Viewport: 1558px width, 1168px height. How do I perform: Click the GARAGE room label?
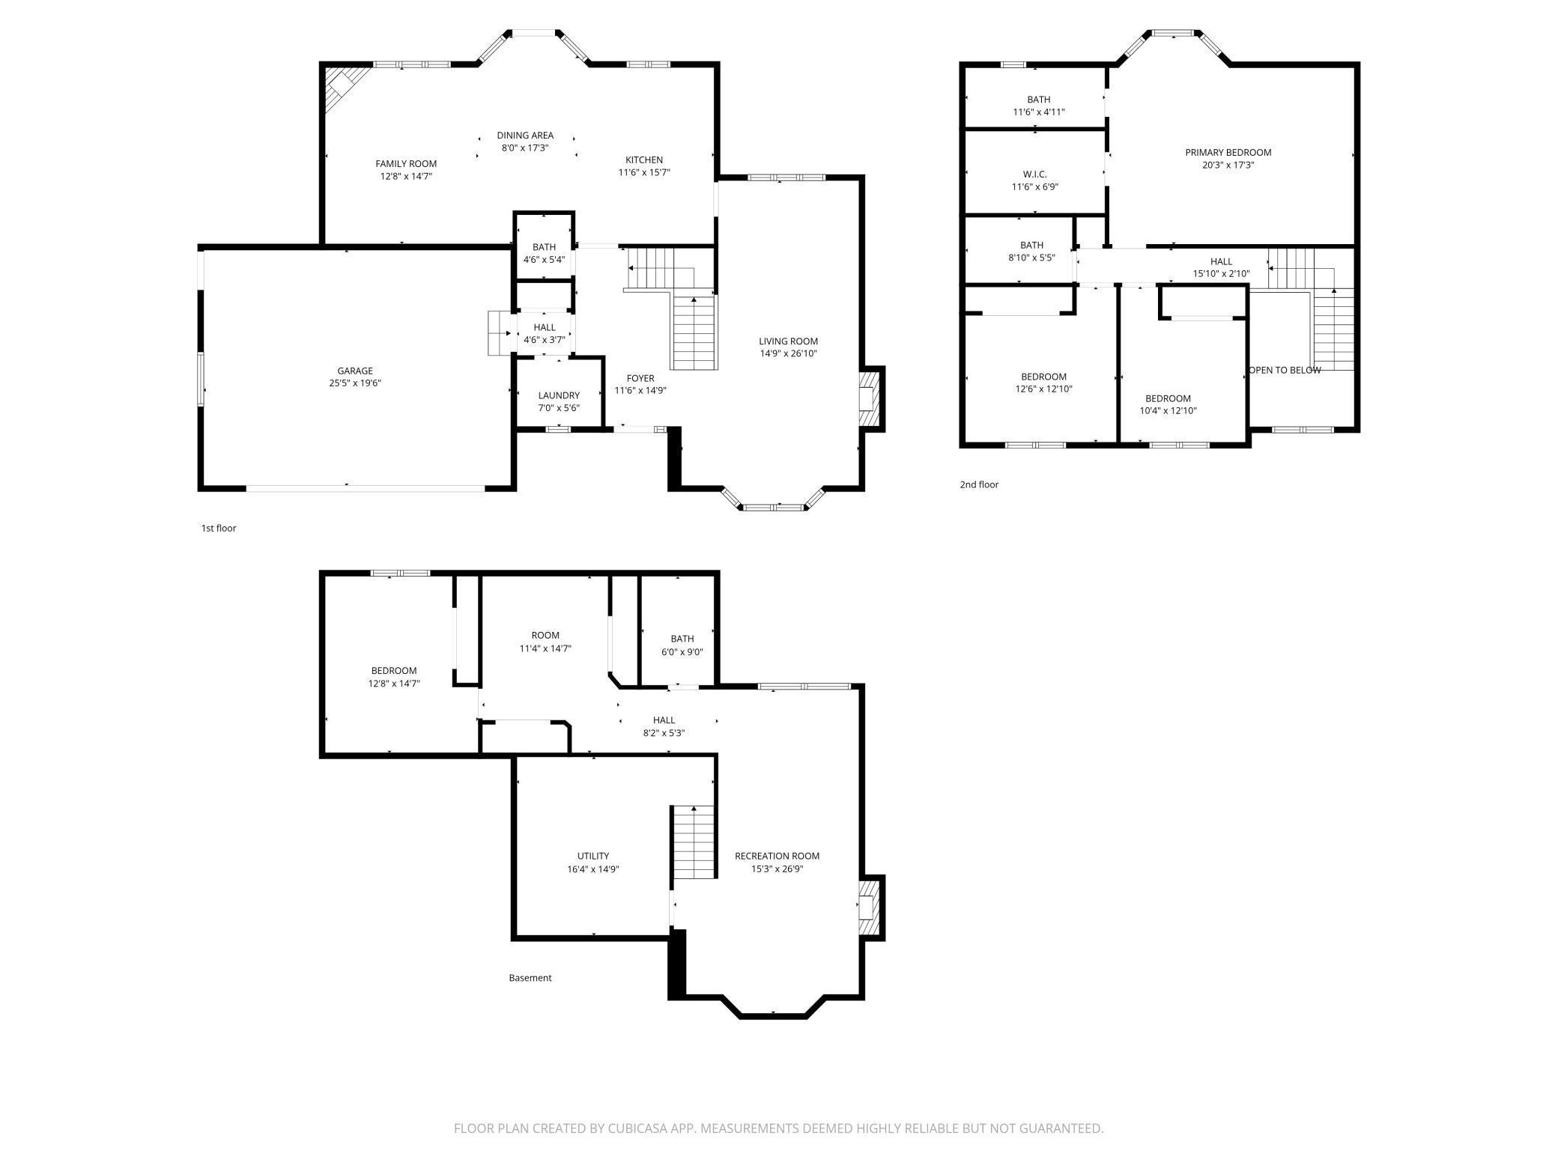(x=354, y=371)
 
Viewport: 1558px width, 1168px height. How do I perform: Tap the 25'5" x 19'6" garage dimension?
(x=354, y=383)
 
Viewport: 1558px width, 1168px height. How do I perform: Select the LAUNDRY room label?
(x=558, y=395)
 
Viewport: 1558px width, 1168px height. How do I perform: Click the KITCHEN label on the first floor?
(x=643, y=159)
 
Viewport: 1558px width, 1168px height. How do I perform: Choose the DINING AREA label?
(x=524, y=136)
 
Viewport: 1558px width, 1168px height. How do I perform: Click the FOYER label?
(x=640, y=378)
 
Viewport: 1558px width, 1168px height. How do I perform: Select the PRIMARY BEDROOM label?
(x=1228, y=153)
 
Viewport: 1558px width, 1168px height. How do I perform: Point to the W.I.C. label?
(x=1034, y=174)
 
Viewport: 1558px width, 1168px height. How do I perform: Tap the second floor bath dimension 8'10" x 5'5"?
(x=1031, y=258)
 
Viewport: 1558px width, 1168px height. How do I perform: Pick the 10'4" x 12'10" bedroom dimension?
(x=1168, y=411)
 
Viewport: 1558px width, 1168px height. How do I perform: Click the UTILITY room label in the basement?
(x=592, y=856)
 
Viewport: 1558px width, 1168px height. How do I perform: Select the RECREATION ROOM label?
(x=777, y=856)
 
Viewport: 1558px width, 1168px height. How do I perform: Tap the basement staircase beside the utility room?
(x=694, y=842)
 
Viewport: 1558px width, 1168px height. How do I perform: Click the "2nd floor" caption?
(x=979, y=484)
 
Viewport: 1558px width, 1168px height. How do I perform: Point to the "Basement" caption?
(x=530, y=978)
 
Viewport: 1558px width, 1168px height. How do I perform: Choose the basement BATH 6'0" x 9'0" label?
(x=682, y=639)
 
